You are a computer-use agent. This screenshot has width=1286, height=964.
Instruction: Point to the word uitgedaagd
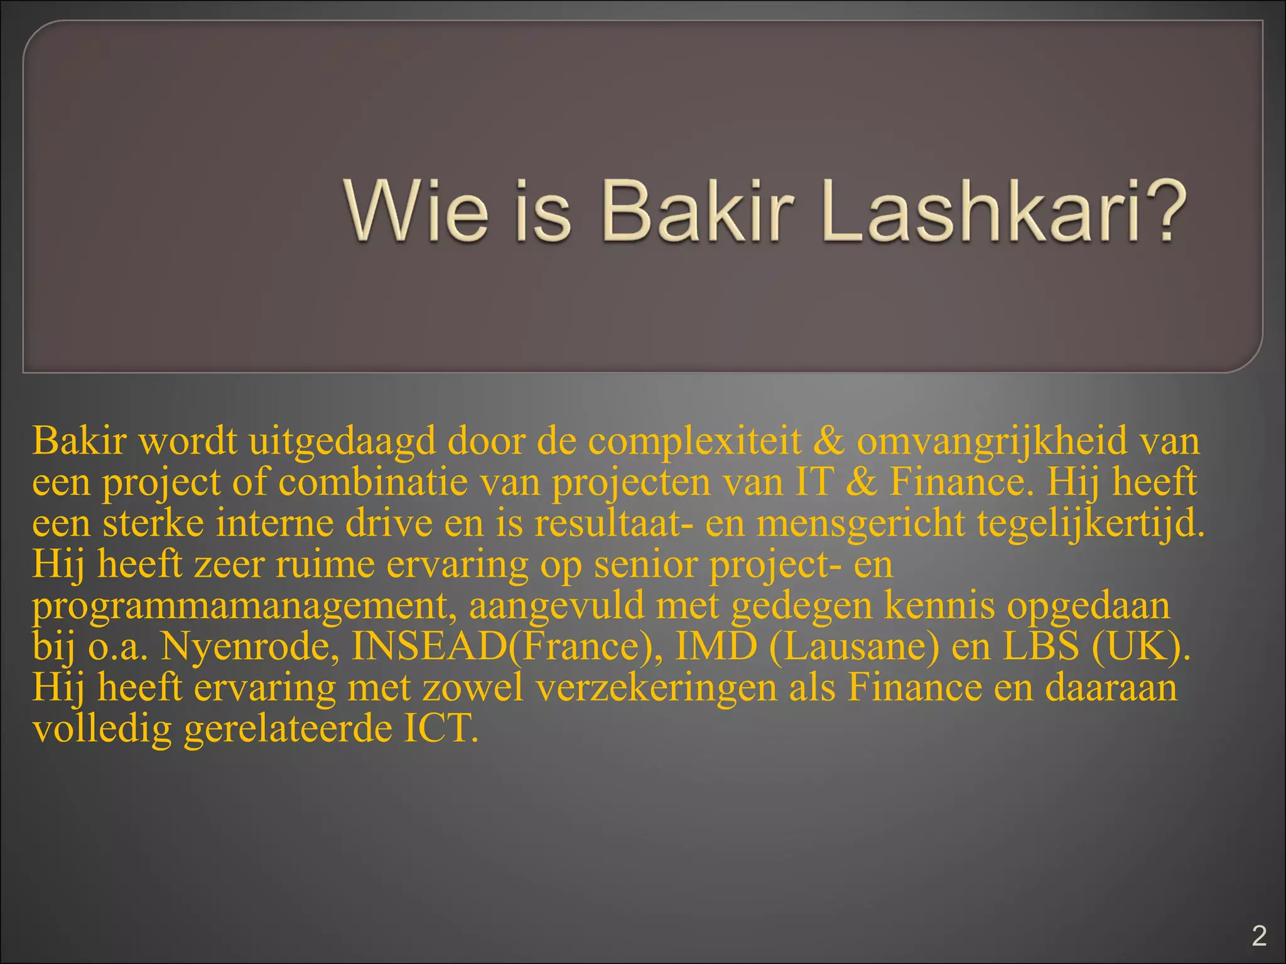pos(342,441)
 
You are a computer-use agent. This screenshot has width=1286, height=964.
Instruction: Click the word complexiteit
pos(694,441)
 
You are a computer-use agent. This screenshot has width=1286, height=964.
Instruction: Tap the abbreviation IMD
pos(716,646)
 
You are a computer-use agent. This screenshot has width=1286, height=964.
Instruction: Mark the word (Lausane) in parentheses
pos(855,646)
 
